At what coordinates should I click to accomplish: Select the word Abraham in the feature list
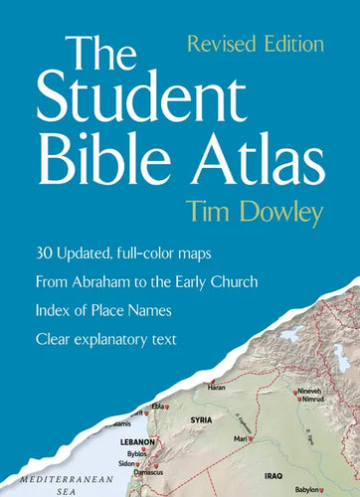[x=134, y=281]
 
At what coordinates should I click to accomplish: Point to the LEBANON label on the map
[x=131, y=439]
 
